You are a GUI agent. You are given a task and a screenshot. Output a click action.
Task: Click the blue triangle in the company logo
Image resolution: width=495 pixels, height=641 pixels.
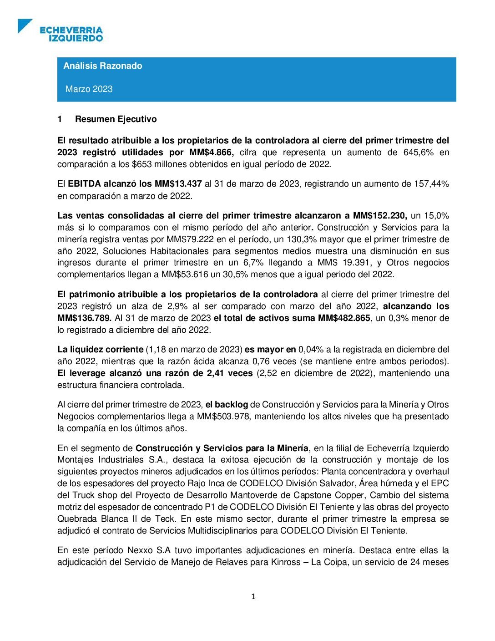click(24, 25)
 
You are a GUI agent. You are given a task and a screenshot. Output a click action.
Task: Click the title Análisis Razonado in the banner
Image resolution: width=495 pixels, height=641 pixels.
click(103, 66)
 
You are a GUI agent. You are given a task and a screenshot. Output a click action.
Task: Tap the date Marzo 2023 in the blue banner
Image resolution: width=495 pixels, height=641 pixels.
click(89, 89)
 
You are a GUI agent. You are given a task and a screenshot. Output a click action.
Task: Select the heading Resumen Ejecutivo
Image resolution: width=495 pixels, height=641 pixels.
click(116, 119)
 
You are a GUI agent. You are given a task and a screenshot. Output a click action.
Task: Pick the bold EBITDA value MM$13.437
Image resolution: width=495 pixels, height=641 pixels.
click(178, 184)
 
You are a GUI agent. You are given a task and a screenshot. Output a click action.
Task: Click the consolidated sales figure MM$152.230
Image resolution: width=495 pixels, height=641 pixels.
click(380, 215)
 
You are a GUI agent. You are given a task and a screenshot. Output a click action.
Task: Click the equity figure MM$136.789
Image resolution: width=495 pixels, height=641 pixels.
click(84, 318)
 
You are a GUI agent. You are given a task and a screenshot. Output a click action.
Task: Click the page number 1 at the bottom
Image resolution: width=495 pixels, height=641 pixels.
click(253, 597)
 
